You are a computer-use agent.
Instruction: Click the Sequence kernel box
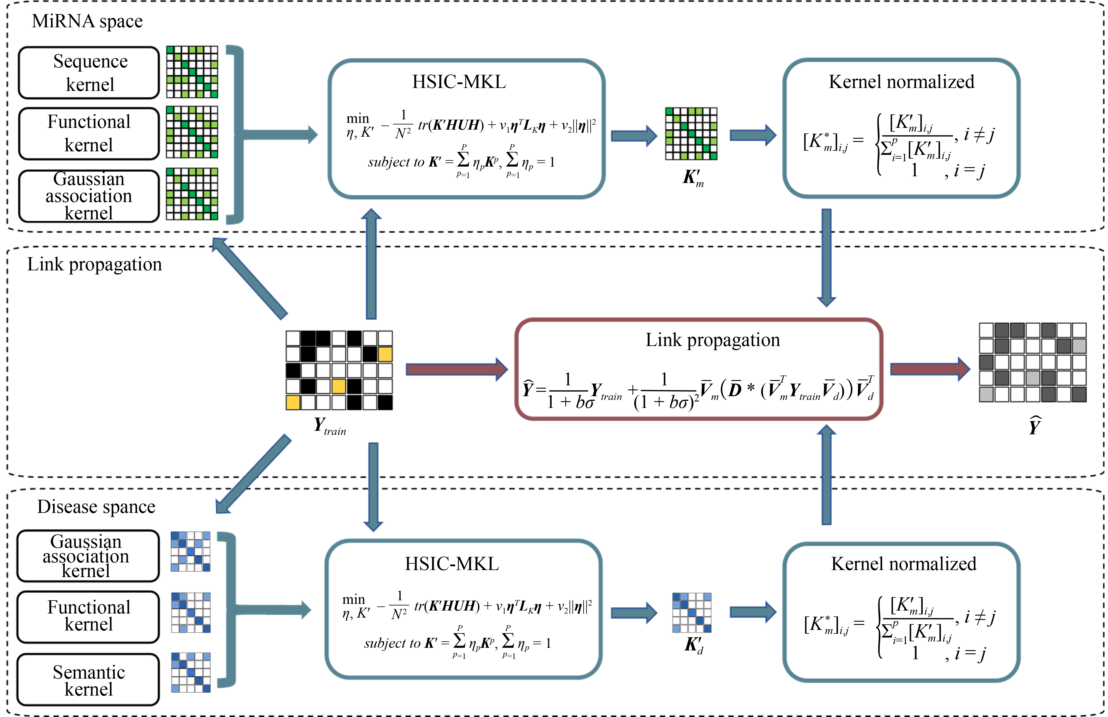[x=89, y=73]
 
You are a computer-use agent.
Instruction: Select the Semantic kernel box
[x=89, y=680]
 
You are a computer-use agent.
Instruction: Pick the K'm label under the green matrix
[x=692, y=178]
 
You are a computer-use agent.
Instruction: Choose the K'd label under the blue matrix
[x=693, y=645]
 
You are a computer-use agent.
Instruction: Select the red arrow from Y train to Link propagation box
[x=456, y=369]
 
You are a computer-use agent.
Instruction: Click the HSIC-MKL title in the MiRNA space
[x=459, y=82]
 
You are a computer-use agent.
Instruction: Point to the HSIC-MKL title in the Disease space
[x=451, y=564]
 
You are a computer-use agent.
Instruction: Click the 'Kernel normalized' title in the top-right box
[x=901, y=82]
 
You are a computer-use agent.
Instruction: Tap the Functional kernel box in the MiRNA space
[x=89, y=134]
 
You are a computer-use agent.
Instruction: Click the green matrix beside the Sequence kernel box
[x=192, y=72]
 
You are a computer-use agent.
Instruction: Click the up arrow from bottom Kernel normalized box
[x=827, y=475]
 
